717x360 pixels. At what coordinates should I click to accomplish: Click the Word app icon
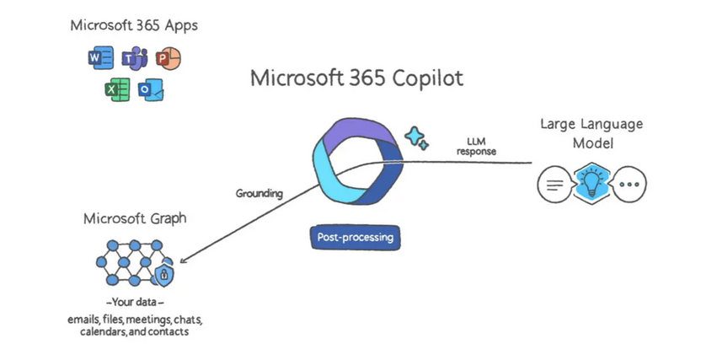click(x=100, y=59)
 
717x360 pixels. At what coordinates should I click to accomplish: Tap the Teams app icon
click(x=135, y=59)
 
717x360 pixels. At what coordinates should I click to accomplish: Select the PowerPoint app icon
click(x=169, y=58)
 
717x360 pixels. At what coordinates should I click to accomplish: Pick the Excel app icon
click(x=117, y=89)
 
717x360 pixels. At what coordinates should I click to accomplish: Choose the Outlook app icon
click(x=151, y=89)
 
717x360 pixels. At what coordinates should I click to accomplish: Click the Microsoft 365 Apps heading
click(x=134, y=25)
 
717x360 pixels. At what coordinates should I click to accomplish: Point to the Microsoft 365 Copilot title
click(x=356, y=80)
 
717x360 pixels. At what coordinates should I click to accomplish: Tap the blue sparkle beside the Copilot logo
click(x=416, y=137)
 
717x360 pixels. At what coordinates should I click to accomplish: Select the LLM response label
click(x=477, y=146)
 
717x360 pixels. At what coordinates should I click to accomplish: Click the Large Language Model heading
click(x=591, y=133)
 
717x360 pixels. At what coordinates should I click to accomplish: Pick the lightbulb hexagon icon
click(x=591, y=183)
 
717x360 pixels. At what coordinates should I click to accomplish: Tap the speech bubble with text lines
click(x=554, y=184)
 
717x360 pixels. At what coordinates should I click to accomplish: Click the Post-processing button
click(x=355, y=238)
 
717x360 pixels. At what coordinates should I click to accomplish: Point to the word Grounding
click(x=259, y=193)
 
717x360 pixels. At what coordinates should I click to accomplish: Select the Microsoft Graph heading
click(x=135, y=219)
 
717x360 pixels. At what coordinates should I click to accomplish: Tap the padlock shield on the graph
click(x=165, y=274)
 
